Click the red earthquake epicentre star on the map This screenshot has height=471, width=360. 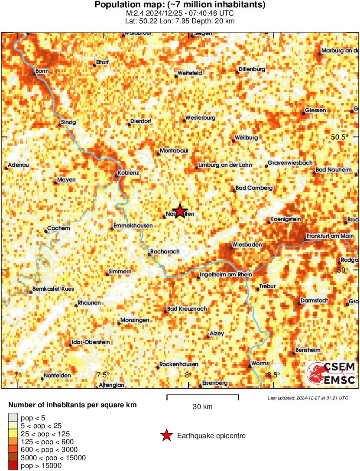point(179,211)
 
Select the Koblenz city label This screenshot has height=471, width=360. point(128,173)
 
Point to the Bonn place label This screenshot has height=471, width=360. point(42,71)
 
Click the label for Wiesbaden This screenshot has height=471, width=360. point(247,245)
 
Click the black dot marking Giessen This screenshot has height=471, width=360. point(304,111)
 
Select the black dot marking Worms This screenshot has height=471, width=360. point(250,367)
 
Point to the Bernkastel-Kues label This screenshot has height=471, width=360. point(54,289)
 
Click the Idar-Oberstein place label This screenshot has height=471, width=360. point(91,342)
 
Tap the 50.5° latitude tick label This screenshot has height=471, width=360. point(340,137)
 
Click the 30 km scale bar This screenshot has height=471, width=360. point(203,396)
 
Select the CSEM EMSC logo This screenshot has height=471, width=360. point(331,374)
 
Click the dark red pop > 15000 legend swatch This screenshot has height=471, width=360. point(13,466)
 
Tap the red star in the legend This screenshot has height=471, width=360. point(166,436)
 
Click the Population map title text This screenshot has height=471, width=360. point(180,5)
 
